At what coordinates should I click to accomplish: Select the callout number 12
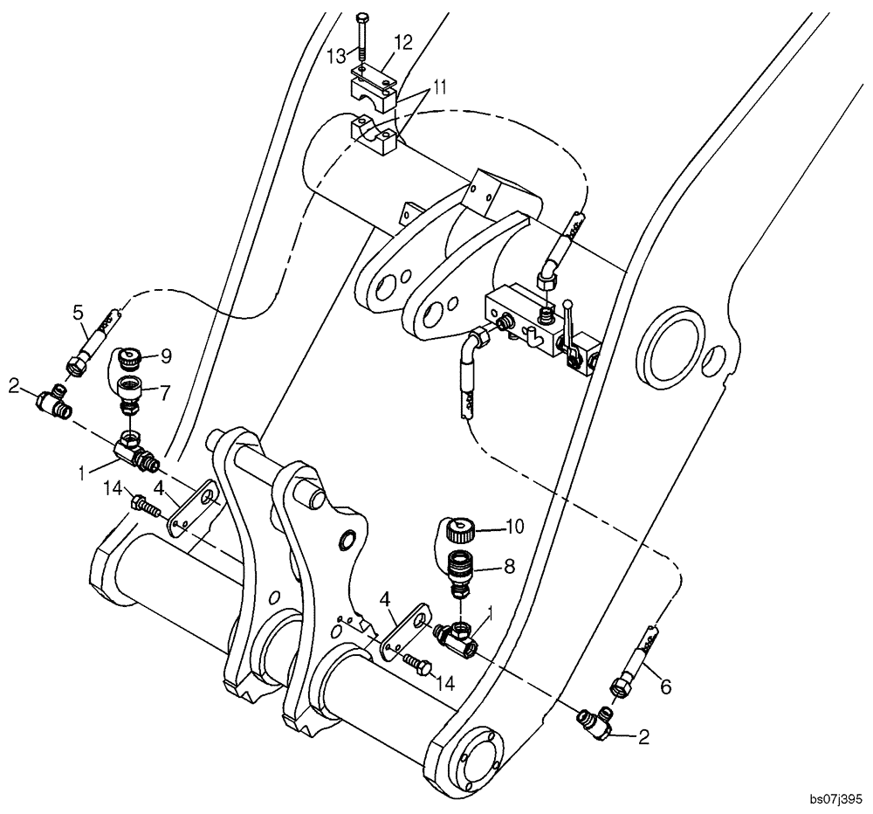[x=402, y=42]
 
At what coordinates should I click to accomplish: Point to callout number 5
[x=78, y=313]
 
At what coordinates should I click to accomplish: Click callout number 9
[x=166, y=355]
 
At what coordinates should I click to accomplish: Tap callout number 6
[x=666, y=687]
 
